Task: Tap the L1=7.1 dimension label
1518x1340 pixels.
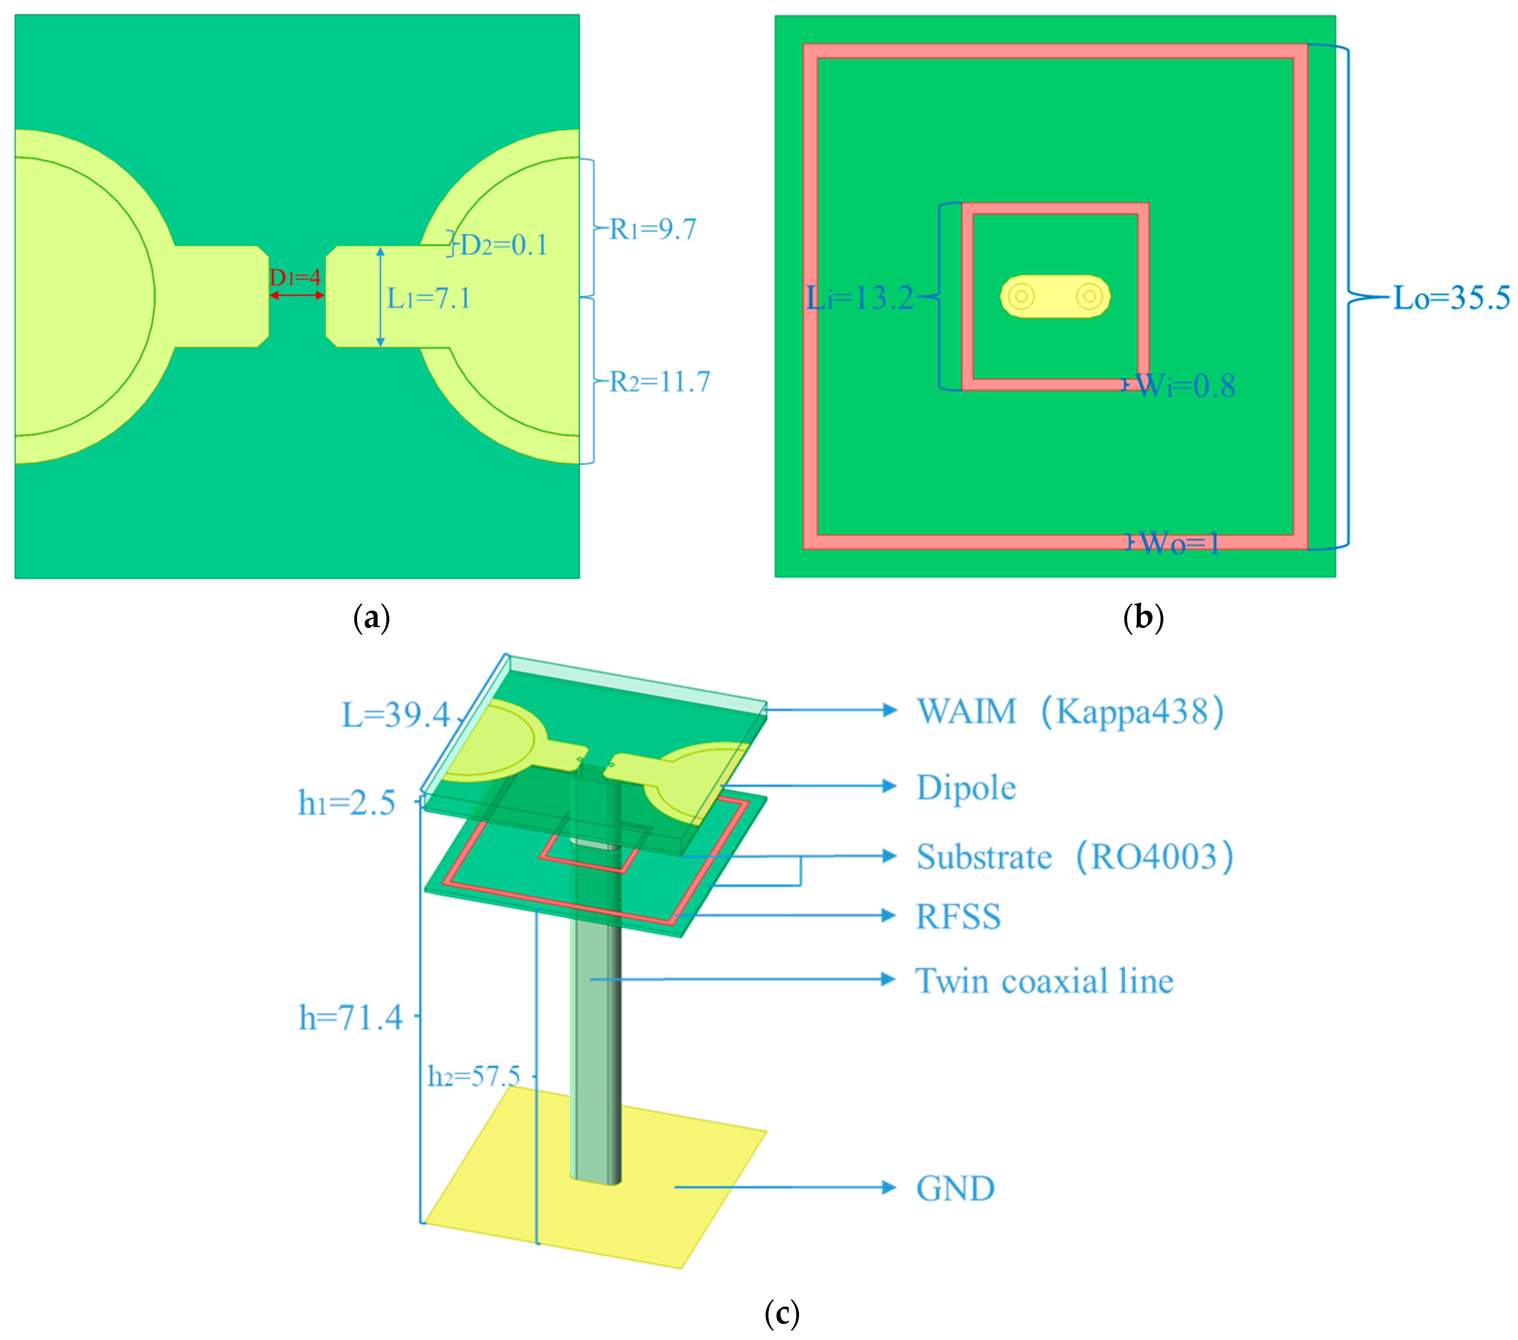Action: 429,298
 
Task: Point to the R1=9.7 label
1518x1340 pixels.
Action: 653,230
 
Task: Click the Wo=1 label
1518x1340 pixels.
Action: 1179,544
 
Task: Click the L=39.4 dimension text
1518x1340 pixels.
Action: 396,714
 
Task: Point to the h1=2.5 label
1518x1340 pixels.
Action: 347,803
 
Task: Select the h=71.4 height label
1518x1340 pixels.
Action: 351,1017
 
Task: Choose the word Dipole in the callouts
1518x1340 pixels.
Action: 965,787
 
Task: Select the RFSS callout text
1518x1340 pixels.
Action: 958,917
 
